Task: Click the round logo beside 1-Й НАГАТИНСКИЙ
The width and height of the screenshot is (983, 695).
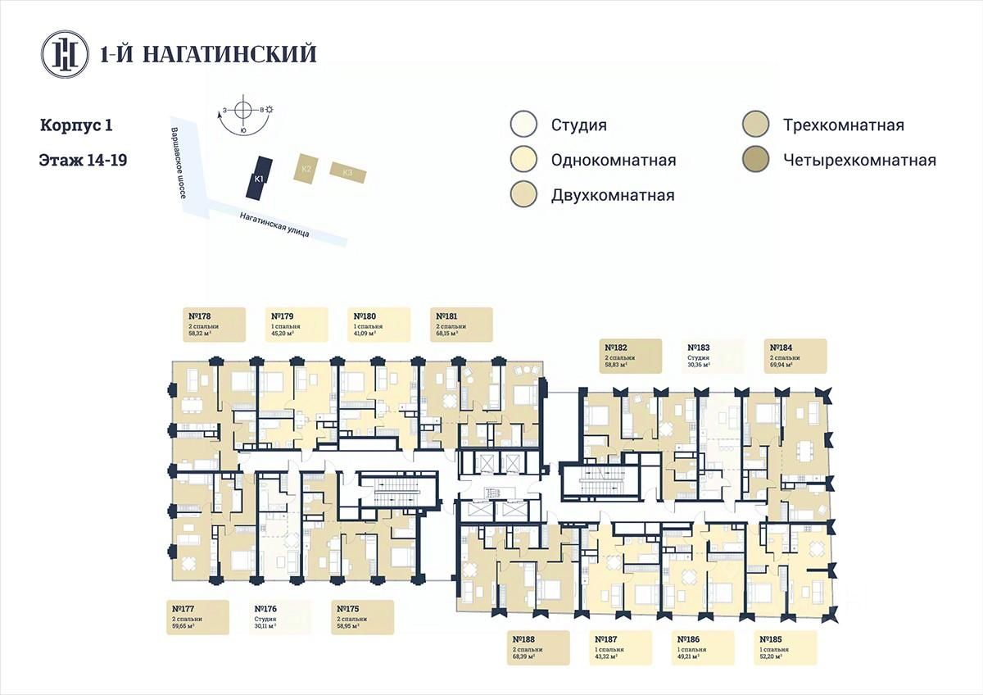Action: click(x=65, y=53)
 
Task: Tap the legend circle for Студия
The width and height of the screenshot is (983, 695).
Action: click(x=523, y=125)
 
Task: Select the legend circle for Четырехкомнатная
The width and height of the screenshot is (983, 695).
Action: click(x=754, y=160)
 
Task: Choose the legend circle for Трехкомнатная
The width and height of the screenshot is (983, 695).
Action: click(x=754, y=125)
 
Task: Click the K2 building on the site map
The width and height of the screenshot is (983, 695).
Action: click(x=306, y=168)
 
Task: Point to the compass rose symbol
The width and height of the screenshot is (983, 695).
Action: click(x=243, y=111)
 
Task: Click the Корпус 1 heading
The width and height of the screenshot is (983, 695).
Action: click(x=75, y=126)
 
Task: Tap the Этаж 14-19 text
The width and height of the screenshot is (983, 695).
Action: click(x=82, y=159)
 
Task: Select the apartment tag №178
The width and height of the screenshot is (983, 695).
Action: click(x=214, y=325)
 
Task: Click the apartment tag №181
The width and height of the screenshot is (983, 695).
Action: click(x=461, y=325)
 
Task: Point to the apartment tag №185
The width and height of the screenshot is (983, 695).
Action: click(x=786, y=647)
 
